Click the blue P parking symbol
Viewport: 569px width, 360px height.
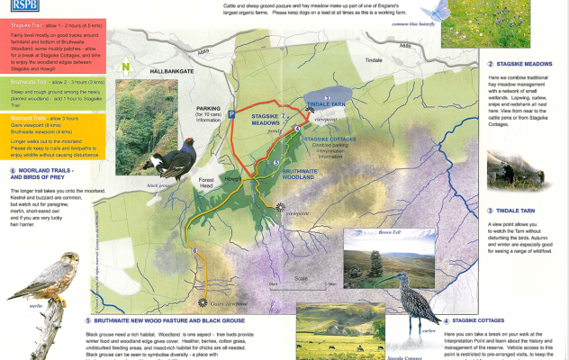[x=231, y=114]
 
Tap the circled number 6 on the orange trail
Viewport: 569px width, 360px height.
[x=195, y=250]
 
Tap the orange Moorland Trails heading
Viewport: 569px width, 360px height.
[x=30, y=117]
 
